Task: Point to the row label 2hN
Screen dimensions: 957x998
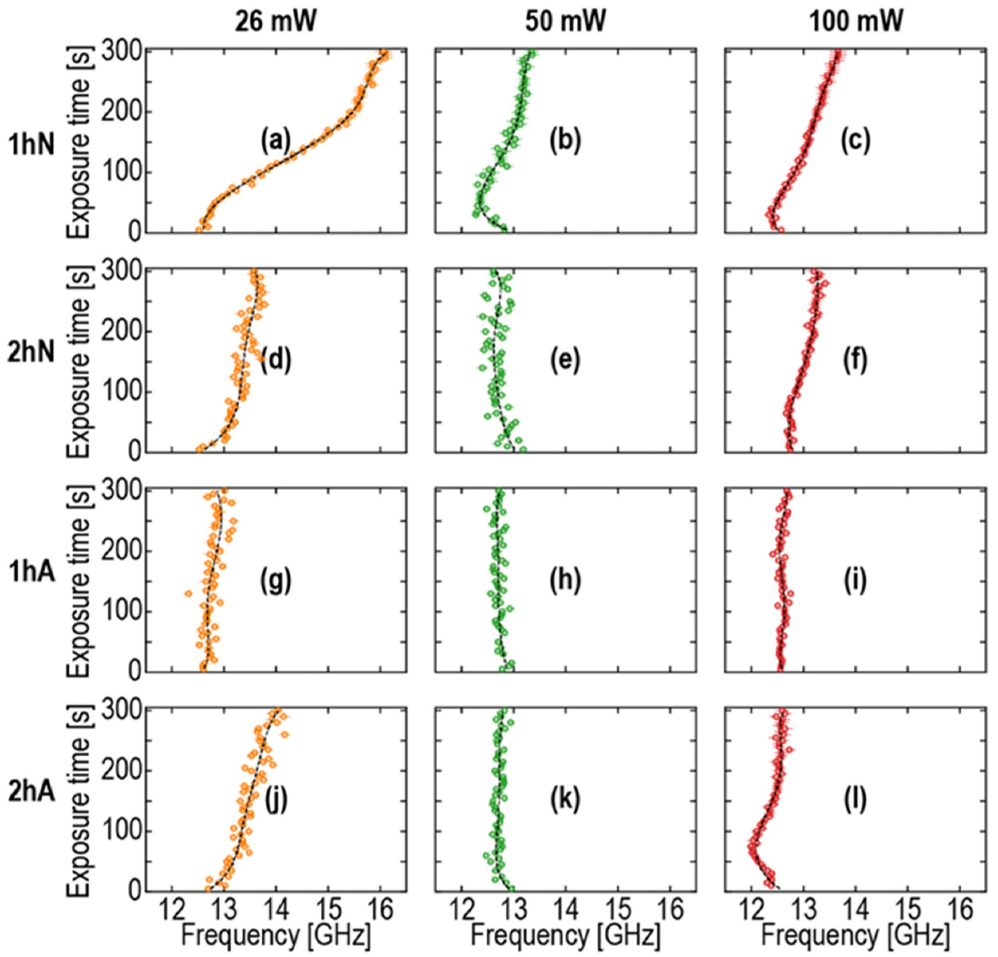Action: point(31,352)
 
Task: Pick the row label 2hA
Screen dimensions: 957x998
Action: point(31,792)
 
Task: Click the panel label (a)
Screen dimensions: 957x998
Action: point(276,141)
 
